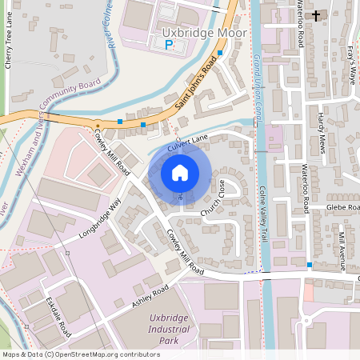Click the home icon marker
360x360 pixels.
click(x=180, y=173)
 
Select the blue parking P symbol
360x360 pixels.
click(x=168, y=46)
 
